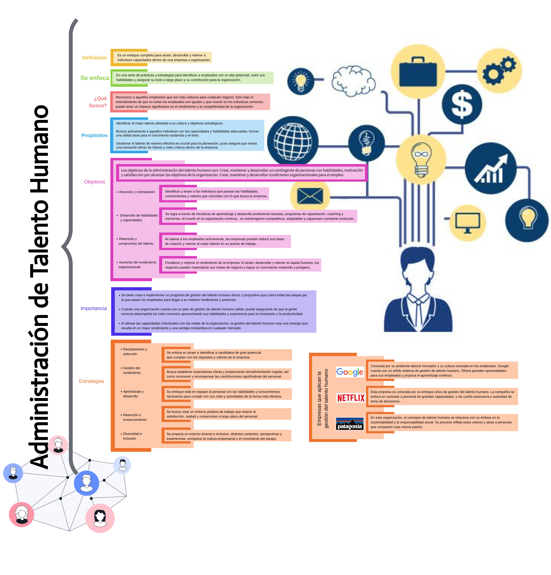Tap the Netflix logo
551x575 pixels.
point(351,398)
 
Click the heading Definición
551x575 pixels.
point(94,58)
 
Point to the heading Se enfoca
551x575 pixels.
point(95,78)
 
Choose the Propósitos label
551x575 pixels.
point(94,135)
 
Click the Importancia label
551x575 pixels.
point(94,308)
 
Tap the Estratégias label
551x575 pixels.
point(92,381)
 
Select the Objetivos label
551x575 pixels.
point(94,182)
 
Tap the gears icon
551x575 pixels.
point(499,70)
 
